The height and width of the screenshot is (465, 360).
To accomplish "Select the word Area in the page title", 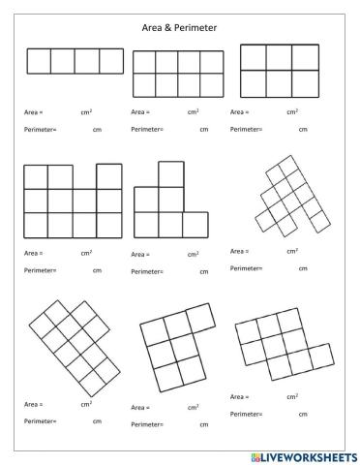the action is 152,28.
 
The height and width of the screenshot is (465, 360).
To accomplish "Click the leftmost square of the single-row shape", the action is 39,61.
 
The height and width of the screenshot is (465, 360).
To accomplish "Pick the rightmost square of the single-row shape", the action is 111,61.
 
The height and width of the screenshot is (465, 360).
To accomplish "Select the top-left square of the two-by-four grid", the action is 144,62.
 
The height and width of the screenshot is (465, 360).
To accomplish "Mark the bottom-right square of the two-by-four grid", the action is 212,84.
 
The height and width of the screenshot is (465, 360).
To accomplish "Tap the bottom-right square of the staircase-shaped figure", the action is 195,225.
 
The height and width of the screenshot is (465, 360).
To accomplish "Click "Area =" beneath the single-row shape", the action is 34,112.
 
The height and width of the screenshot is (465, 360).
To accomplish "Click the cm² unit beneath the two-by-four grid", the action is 194,112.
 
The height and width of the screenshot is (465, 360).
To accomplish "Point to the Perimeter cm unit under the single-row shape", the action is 97,129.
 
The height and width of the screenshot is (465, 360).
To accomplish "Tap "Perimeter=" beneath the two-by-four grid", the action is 147,129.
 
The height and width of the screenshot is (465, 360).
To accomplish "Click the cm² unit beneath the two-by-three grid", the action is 292,112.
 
